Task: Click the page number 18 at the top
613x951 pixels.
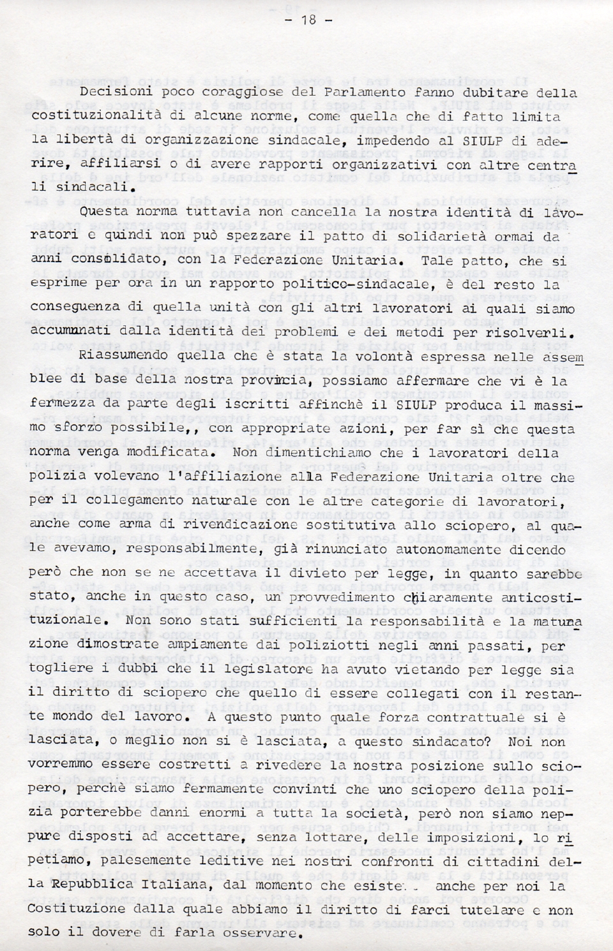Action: click(308, 19)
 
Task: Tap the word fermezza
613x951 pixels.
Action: click(60, 404)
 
